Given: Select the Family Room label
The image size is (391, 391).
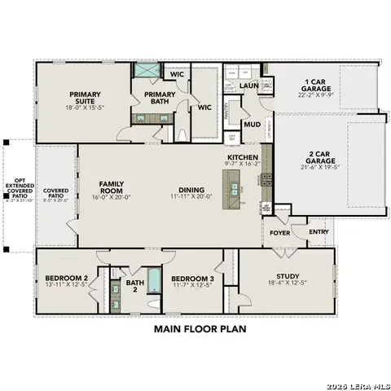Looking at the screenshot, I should pos(111,189).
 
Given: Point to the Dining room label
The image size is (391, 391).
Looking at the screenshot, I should pos(191,189).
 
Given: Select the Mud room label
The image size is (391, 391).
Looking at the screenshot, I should pos(252,125).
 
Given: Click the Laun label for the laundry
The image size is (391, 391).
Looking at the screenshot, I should pos(249,85).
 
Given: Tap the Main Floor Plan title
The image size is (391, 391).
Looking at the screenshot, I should pos(199,330).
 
